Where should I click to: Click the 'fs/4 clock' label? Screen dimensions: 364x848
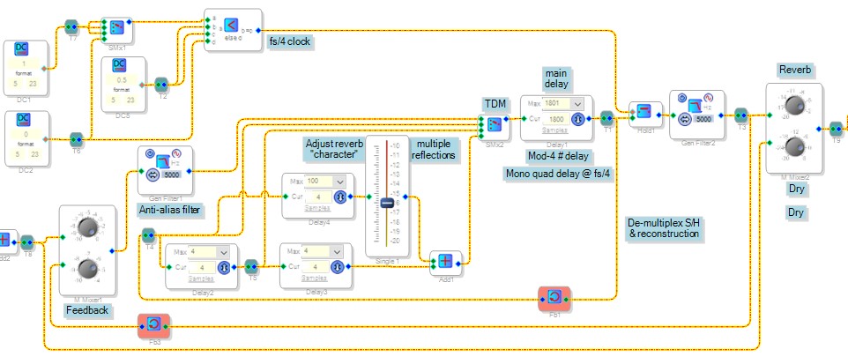(x=290, y=41)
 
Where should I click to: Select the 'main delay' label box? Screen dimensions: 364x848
(x=556, y=78)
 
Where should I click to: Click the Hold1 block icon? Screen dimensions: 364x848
(x=643, y=110)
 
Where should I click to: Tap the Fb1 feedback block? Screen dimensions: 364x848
(x=554, y=300)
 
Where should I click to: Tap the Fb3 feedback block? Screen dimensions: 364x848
(x=152, y=327)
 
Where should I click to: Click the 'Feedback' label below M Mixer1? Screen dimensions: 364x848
(x=87, y=310)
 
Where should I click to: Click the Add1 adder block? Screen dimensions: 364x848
(x=446, y=260)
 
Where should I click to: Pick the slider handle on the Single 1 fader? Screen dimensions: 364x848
(x=387, y=203)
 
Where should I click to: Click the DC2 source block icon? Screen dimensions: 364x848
(x=24, y=120)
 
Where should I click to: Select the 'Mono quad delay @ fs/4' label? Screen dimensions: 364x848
(x=558, y=173)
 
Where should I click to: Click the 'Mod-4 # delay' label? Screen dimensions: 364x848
(x=559, y=156)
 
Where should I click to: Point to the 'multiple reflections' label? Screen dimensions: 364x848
(x=435, y=149)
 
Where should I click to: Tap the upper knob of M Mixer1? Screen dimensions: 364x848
(x=86, y=227)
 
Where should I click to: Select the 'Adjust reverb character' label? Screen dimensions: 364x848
(x=334, y=149)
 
